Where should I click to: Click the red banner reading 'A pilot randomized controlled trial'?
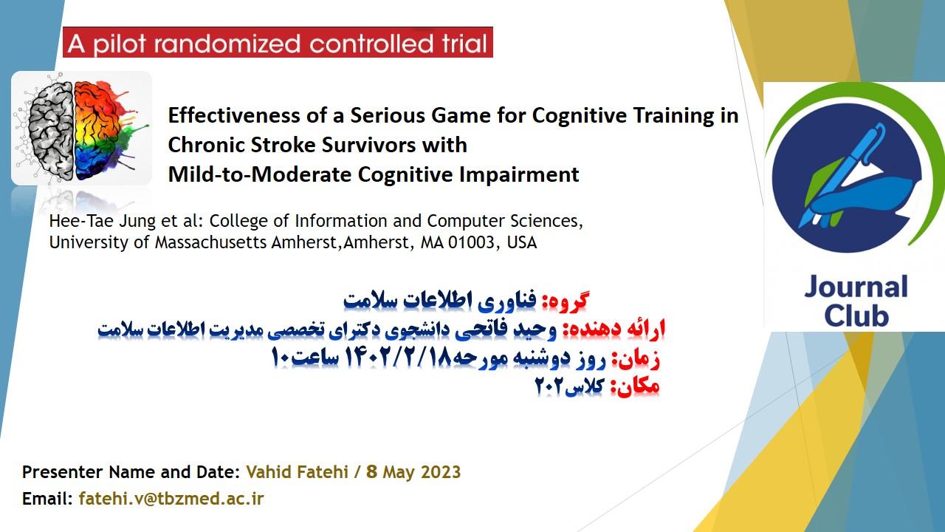pos(278,42)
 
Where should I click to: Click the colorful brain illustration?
pos(81,129)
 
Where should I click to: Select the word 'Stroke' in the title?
pos(283,145)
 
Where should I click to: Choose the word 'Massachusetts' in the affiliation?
pos(211,242)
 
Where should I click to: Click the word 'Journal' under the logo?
pos(856,288)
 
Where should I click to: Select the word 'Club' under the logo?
pos(856,316)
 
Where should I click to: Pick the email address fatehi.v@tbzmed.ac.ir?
pos(171,499)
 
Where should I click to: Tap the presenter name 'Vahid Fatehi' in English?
pos(297,472)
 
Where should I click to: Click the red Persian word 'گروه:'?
pos(565,301)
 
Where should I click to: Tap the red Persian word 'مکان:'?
pos(635,386)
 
